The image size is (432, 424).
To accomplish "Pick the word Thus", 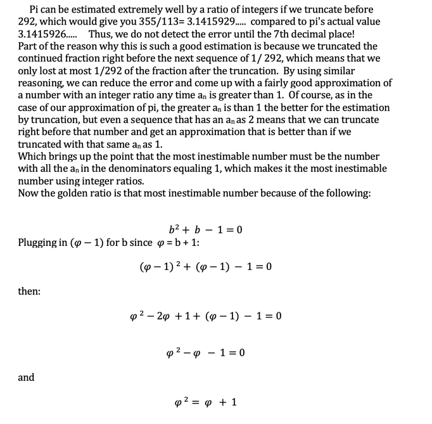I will [101, 34].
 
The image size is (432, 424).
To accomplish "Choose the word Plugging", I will [39, 243].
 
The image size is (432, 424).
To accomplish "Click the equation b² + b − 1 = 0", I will [206, 229].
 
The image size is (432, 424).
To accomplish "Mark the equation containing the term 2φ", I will [206, 316].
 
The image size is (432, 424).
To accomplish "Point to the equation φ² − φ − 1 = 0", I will [206, 352].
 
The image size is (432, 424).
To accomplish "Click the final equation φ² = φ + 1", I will [206, 402].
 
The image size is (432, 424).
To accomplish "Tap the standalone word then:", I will [29, 292].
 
